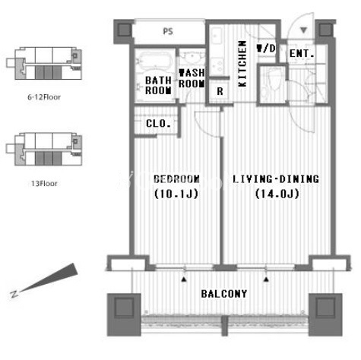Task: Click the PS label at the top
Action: [x=168, y=31]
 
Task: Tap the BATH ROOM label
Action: [x=158, y=86]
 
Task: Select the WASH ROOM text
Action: [x=192, y=78]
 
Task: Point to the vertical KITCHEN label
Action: [x=242, y=64]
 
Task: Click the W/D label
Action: [x=266, y=49]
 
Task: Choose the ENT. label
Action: [x=302, y=54]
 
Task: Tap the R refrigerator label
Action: [x=220, y=91]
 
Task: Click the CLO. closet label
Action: [x=158, y=124]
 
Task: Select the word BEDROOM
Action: [x=176, y=179]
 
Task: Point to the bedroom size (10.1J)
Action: [x=176, y=194]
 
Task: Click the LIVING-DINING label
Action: [x=276, y=179]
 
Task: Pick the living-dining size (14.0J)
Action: [x=277, y=194]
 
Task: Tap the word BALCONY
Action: [x=224, y=294]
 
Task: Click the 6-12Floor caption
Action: [x=44, y=97]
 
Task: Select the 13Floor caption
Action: [x=44, y=183]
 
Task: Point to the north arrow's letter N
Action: [x=14, y=294]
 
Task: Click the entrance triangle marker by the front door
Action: [x=304, y=30]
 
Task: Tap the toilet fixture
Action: [x=271, y=83]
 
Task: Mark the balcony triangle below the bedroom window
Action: [x=184, y=279]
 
